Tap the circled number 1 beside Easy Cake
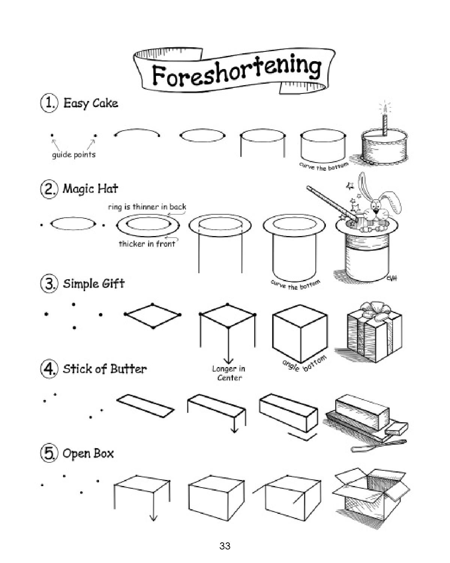49,103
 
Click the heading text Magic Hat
90,188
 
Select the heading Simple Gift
93,283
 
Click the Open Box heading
88,453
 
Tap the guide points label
73,155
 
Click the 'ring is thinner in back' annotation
147,207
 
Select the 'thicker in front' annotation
147,244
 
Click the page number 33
225,546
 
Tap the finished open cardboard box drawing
371,494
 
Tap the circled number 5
49,453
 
